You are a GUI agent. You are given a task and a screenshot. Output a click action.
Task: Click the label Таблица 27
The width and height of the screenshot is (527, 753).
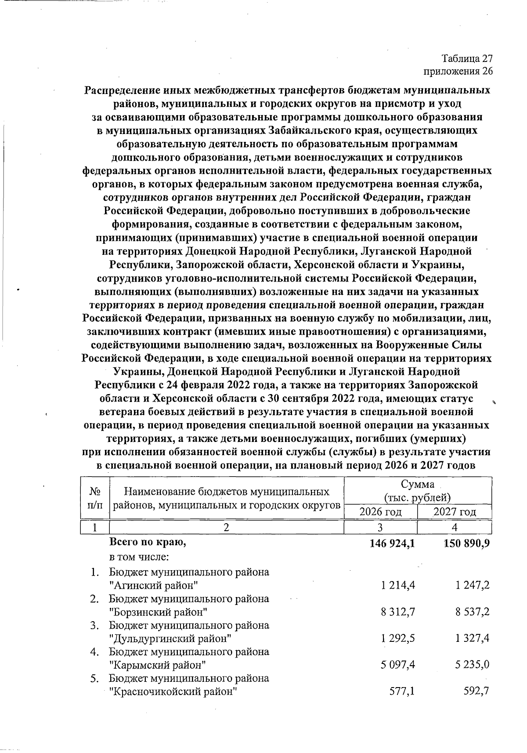click(x=467, y=59)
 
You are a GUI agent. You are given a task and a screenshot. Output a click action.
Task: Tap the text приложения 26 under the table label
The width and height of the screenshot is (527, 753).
click(x=458, y=71)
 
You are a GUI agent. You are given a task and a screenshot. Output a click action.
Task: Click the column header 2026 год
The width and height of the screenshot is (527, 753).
click(x=380, y=511)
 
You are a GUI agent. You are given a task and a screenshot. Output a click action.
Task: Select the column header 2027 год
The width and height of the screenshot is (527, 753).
click(x=455, y=511)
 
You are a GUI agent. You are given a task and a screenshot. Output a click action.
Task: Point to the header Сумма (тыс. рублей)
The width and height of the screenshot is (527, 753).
click(x=417, y=491)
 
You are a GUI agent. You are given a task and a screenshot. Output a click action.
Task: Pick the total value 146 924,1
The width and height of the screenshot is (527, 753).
click(x=393, y=543)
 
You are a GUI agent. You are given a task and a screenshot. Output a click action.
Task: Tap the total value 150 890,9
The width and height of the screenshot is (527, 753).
click(x=467, y=543)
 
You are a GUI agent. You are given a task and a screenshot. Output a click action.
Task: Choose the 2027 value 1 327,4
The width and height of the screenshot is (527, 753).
click(x=473, y=638)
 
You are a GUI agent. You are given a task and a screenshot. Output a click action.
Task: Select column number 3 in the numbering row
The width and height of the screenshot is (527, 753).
click(x=380, y=527)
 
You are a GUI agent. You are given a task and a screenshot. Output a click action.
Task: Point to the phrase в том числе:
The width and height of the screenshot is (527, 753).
click(x=139, y=557)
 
